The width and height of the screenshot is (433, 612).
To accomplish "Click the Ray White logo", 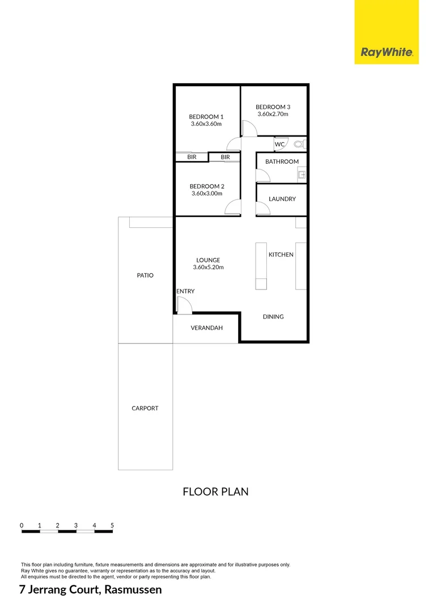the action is tap(387, 53).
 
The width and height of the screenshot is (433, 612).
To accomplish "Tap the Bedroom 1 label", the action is tap(206, 117).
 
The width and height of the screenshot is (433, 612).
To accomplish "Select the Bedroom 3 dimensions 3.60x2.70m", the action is tap(273, 114).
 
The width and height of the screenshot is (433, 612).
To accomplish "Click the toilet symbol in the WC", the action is tap(299, 144).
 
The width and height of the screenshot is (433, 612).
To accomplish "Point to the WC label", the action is tap(279, 144).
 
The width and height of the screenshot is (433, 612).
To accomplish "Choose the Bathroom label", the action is tap(282, 161).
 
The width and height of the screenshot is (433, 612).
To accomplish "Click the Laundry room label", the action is tap(282, 199).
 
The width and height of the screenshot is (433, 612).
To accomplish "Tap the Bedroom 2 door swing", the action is tap(232, 208).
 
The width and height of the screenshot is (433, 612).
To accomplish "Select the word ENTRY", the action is tap(185, 291).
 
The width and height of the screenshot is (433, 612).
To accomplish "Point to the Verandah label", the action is tap(206, 328).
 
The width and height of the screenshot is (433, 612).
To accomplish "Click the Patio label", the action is tap(145, 275).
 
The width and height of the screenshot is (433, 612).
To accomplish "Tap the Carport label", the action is tap(145, 408).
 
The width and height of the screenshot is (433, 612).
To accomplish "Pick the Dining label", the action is tap(273, 317).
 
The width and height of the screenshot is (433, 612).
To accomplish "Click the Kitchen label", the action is tap(281, 254).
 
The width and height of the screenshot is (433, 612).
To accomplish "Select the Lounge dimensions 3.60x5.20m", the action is tap(208, 267).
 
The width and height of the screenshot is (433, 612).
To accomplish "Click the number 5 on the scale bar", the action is tap(112, 525).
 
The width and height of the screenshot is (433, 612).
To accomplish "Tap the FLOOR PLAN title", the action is tap(215, 491).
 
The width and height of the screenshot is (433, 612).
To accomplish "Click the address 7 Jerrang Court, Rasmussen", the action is tap(91, 590).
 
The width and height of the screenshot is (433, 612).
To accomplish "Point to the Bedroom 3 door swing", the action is tap(249, 130).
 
